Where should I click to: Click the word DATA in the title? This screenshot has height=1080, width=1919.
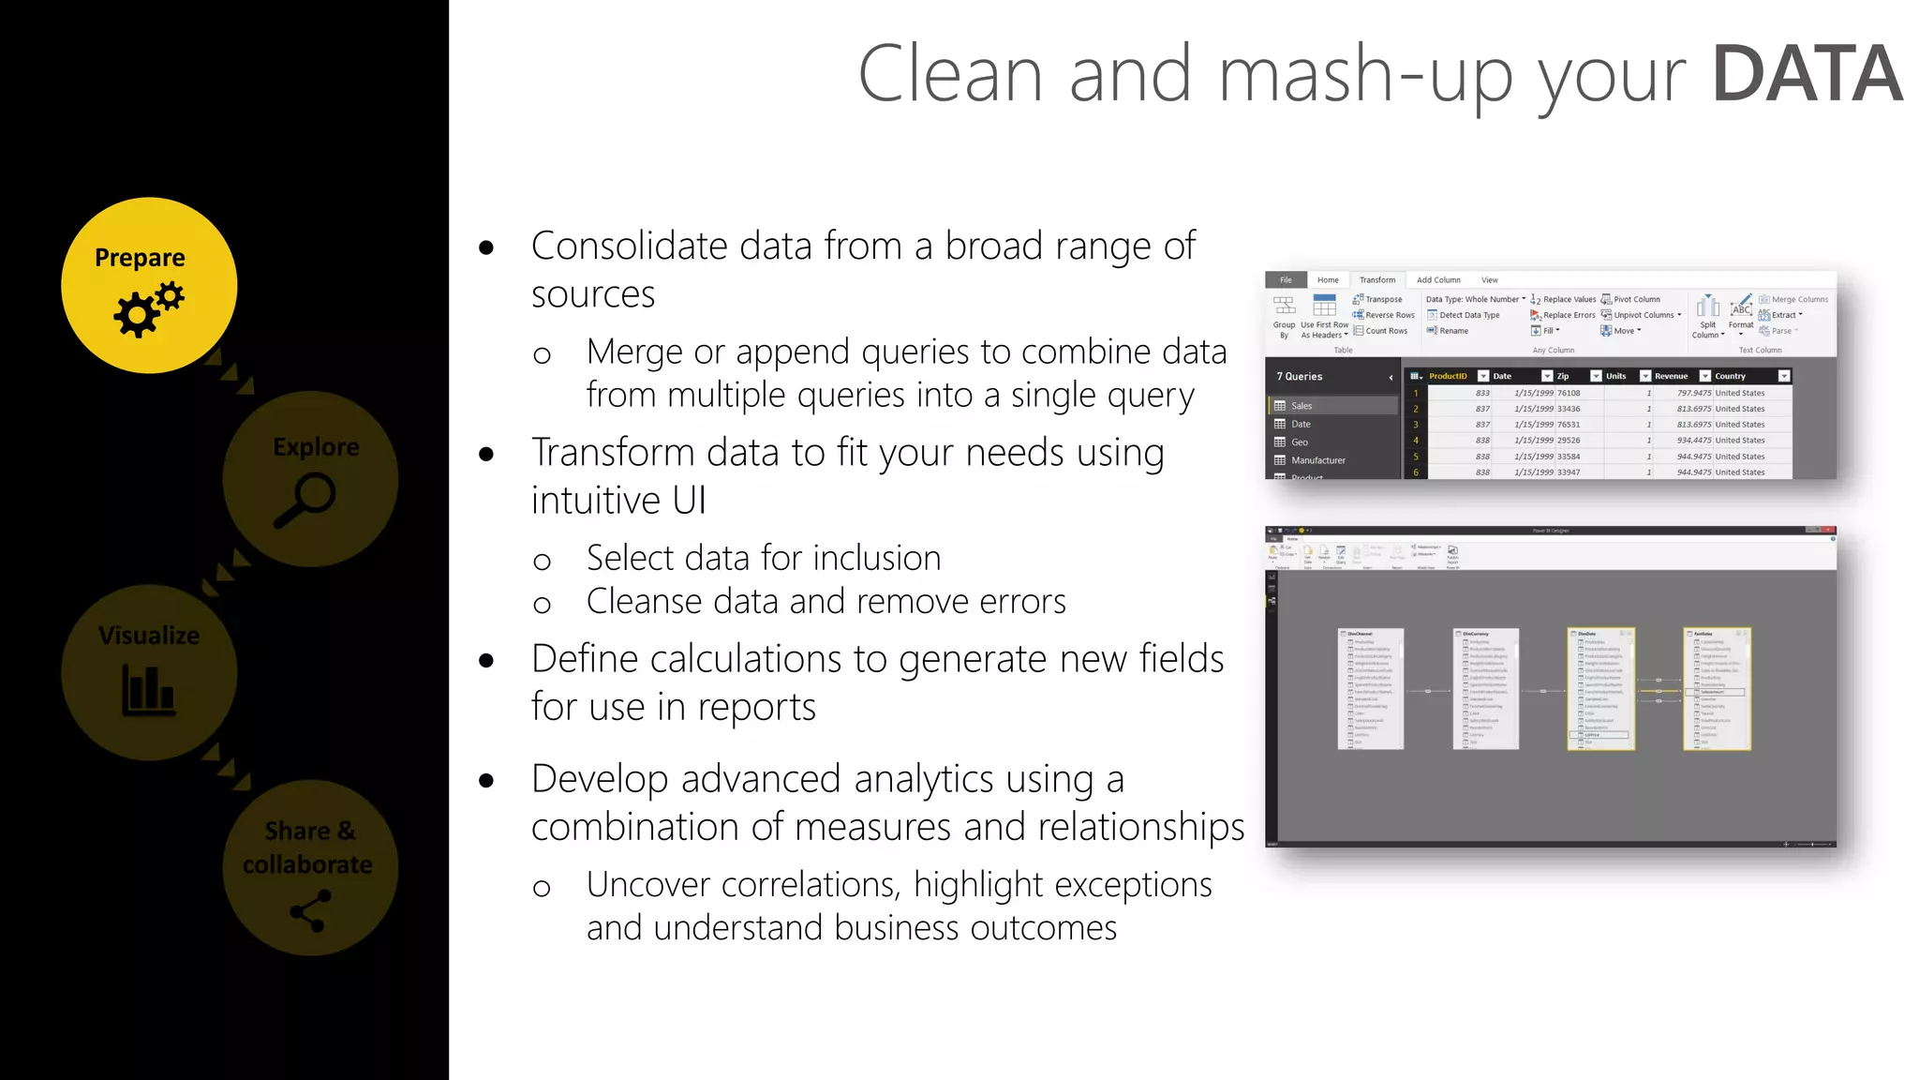pos(1807,75)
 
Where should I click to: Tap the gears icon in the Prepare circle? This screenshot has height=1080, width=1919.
pos(148,310)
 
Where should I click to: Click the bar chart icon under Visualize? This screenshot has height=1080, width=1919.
pos(148,690)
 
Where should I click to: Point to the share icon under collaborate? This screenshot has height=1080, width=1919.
pos(310,910)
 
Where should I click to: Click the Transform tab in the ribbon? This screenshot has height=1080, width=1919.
pos(1376,280)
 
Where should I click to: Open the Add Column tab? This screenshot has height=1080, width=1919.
pos(1437,280)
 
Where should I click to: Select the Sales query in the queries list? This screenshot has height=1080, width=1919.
pos(1302,406)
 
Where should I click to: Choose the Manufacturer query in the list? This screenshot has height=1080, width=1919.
pos(1317,460)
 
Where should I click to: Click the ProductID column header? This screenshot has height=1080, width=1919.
pos(1448,376)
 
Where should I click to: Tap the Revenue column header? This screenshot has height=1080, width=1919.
pos(1671,376)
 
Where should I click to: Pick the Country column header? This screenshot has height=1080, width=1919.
pos(1730,376)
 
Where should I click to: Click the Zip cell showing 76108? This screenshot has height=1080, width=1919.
pos(1569,394)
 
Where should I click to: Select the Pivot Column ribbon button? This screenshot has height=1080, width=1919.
pos(1636,300)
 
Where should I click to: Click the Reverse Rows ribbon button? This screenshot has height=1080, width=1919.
pos(1390,316)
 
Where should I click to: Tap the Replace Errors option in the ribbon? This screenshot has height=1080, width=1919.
pos(1569,316)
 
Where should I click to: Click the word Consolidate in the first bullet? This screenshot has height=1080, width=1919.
pos(629,247)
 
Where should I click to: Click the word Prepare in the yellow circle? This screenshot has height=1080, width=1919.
pos(140,258)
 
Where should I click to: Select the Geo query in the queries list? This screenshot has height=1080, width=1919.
pos(1300,442)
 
